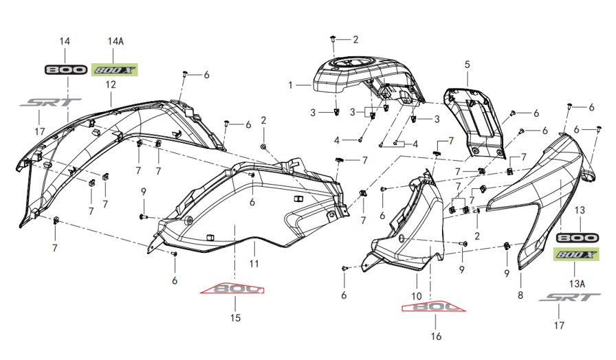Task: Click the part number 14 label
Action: pos(65,42)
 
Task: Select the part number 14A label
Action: pos(115,42)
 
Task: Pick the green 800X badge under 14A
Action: pos(115,69)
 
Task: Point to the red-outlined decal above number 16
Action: pos(433,305)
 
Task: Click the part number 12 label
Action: pos(111,85)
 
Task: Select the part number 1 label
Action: pos(291,85)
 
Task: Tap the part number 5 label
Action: pos(467,65)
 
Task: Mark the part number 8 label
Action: pos(520,295)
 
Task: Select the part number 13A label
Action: pos(577,282)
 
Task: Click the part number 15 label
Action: pos(235,318)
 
